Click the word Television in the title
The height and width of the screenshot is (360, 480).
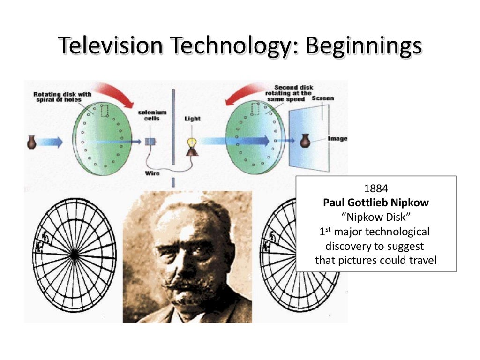coord(111,47)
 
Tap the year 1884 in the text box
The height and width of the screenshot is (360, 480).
coord(375,189)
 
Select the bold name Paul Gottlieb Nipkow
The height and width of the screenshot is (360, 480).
coord(375,203)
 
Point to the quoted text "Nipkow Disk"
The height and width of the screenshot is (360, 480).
coord(375,217)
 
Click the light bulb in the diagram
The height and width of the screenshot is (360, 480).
coord(192,142)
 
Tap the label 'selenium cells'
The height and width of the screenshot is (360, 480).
coord(149,115)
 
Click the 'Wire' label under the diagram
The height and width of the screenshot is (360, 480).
coord(153,173)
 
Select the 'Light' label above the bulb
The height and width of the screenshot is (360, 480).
coord(192,119)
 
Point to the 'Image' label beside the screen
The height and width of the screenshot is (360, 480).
coord(337,139)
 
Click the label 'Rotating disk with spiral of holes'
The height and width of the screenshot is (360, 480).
coord(57,97)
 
